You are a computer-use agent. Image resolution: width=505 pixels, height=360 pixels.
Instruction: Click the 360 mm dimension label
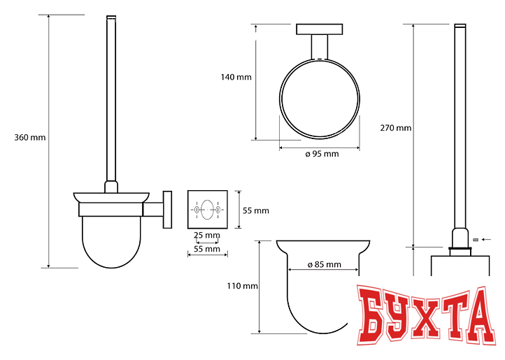click(30, 138)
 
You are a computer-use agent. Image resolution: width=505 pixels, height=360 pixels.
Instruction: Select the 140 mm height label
click(236, 78)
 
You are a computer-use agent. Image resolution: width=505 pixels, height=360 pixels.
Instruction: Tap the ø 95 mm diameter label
click(322, 154)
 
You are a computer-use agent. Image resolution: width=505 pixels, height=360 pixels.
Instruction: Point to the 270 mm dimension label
click(395, 128)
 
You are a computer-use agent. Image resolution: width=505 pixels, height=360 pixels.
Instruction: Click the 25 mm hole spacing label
click(207, 235)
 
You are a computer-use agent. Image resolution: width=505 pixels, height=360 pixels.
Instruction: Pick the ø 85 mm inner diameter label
click(324, 265)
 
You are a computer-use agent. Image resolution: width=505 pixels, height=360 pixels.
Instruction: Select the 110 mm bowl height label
click(242, 286)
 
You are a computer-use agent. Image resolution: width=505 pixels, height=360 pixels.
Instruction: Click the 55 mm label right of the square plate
click(256, 210)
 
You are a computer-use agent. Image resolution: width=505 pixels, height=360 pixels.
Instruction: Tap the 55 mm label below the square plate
click(207, 249)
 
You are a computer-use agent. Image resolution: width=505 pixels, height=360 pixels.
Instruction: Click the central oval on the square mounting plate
click(207, 210)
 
